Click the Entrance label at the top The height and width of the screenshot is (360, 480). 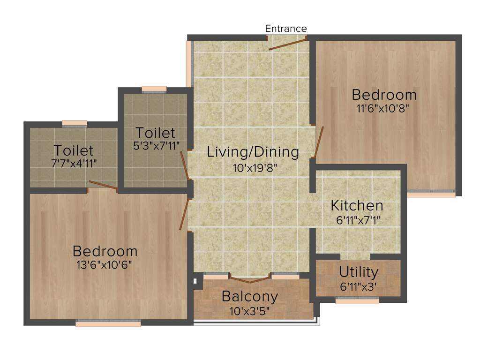tap(286, 29)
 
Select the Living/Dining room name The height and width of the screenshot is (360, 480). tap(253, 152)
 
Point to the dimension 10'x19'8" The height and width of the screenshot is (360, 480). tap(253, 168)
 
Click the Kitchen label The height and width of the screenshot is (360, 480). tap(357, 205)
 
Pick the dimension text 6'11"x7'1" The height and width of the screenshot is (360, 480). tap(357, 220)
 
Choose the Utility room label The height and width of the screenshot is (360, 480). tap(359, 272)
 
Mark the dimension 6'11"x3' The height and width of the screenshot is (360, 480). tap(359, 286)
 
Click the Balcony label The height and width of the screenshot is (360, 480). tap(250, 296)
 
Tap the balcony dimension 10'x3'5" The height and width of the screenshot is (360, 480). tap(250, 310)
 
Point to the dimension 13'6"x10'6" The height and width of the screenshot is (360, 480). tap(105, 265)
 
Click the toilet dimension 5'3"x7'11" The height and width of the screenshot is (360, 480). tap(156, 145)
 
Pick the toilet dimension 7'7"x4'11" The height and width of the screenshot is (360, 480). tap(73, 163)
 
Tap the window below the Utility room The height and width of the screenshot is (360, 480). tap(357, 301)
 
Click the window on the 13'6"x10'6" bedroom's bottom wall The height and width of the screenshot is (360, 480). tap(108, 323)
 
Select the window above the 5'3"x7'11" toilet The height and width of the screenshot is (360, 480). tap(154, 89)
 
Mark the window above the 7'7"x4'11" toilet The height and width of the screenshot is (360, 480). tap(75, 123)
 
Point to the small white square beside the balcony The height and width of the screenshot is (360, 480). tap(195, 282)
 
